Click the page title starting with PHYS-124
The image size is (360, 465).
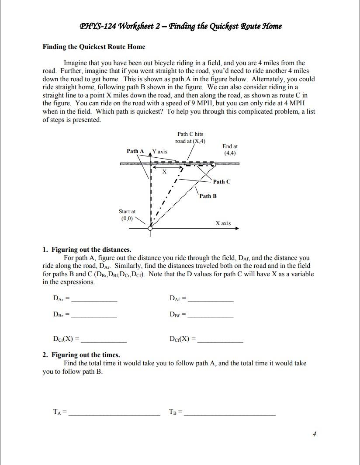click(x=180, y=26)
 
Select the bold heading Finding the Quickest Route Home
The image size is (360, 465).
click(x=93, y=47)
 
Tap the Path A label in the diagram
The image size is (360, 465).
click(x=135, y=151)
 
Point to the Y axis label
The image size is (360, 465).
click(x=159, y=151)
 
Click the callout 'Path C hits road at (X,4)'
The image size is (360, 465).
click(x=190, y=137)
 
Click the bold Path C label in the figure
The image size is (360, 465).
click(x=222, y=182)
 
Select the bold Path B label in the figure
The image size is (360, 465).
click(x=208, y=196)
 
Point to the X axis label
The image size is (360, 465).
click(x=223, y=223)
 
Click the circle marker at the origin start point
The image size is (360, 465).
click(x=151, y=228)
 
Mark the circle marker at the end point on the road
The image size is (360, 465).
click(x=213, y=165)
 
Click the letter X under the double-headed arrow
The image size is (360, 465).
click(x=164, y=172)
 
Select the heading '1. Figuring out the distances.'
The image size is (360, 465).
click(x=87, y=250)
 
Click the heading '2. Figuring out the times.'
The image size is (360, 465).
click(x=81, y=355)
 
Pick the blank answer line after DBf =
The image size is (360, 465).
click(x=211, y=316)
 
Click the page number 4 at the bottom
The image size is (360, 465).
click(x=314, y=434)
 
